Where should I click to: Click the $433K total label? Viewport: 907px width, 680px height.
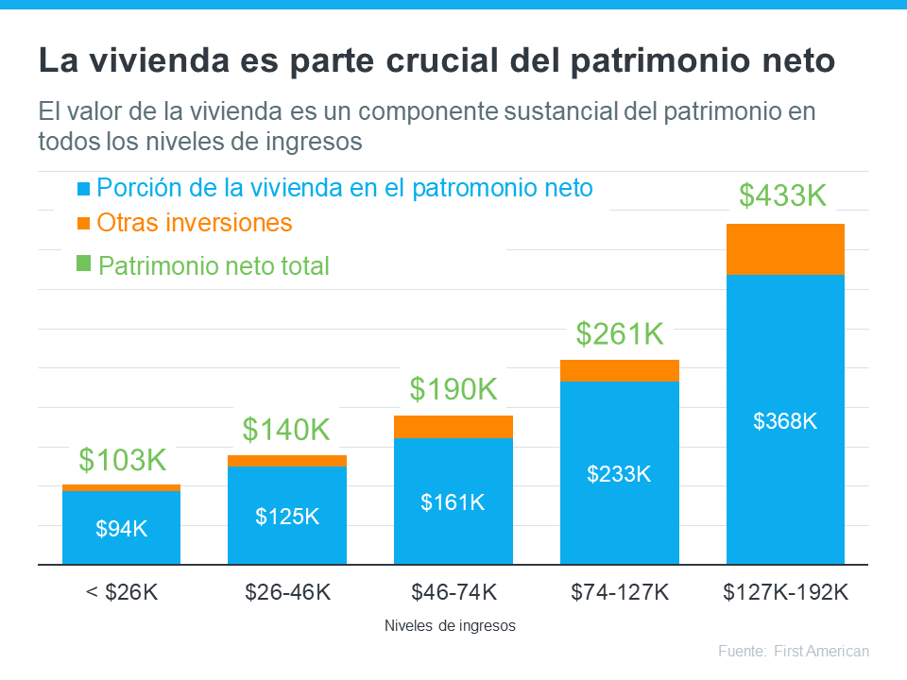click(782, 195)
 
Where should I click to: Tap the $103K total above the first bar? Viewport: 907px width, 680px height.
click(122, 460)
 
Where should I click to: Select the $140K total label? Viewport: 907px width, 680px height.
click(286, 430)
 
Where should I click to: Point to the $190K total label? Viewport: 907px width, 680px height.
click(453, 388)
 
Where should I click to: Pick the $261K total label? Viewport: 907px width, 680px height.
click(620, 333)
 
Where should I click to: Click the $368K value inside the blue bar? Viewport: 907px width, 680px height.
click(784, 421)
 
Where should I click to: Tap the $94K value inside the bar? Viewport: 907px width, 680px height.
click(121, 529)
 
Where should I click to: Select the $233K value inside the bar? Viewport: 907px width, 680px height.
click(619, 474)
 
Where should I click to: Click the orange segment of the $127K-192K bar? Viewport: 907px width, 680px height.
click(784, 249)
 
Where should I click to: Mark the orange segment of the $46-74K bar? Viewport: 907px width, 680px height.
click(453, 427)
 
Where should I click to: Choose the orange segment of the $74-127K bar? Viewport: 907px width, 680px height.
click(619, 370)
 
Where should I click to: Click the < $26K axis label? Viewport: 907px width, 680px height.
click(121, 592)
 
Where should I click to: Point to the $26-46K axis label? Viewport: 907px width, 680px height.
click(287, 592)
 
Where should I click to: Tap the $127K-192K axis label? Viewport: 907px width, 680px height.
click(785, 592)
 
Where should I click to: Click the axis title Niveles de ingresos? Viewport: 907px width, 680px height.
click(451, 626)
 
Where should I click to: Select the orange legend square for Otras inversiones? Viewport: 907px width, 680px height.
click(83, 223)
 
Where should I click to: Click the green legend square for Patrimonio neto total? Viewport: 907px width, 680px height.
click(83, 263)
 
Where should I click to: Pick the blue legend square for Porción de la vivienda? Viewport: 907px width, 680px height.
click(83, 189)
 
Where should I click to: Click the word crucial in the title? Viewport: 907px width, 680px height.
click(445, 61)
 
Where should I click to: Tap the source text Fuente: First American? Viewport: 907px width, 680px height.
click(793, 652)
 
